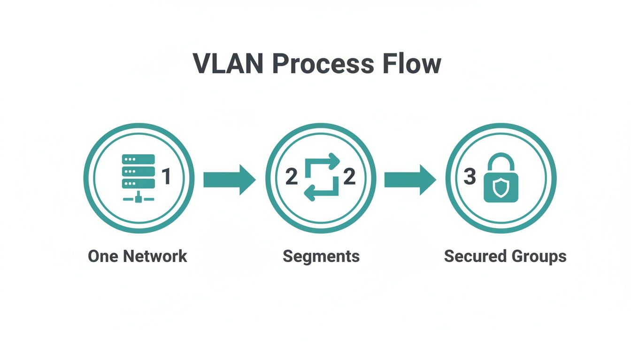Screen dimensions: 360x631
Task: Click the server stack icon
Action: [x=138, y=172]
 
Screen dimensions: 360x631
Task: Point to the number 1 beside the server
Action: [x=166, y=177]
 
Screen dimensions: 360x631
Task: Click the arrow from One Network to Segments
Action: [x=230, y=180]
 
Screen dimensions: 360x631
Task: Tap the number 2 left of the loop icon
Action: [x=292, y=178]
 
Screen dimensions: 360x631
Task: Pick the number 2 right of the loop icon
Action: [x=349, y=178]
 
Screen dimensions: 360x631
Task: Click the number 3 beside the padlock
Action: [x=469, y=177]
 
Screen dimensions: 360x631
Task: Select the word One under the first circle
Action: [x=102, y=256]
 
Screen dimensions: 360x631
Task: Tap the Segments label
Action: [x=321, y=257]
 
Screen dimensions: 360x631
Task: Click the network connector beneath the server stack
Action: [x=138, y=199]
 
